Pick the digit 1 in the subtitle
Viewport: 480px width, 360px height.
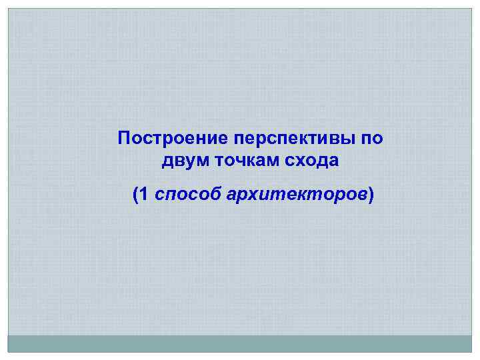pyautogui.click(x=146, y=195)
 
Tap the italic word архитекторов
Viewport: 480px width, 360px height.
pyautogui.click(x=297, y=195)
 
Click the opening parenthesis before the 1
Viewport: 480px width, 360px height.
pyautogui.click(x=136, y=195)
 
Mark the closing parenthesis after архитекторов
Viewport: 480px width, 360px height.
pyautogui.click(x=371, y=195)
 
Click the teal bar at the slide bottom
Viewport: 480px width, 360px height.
pyautogui.click(x=240, y=343)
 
